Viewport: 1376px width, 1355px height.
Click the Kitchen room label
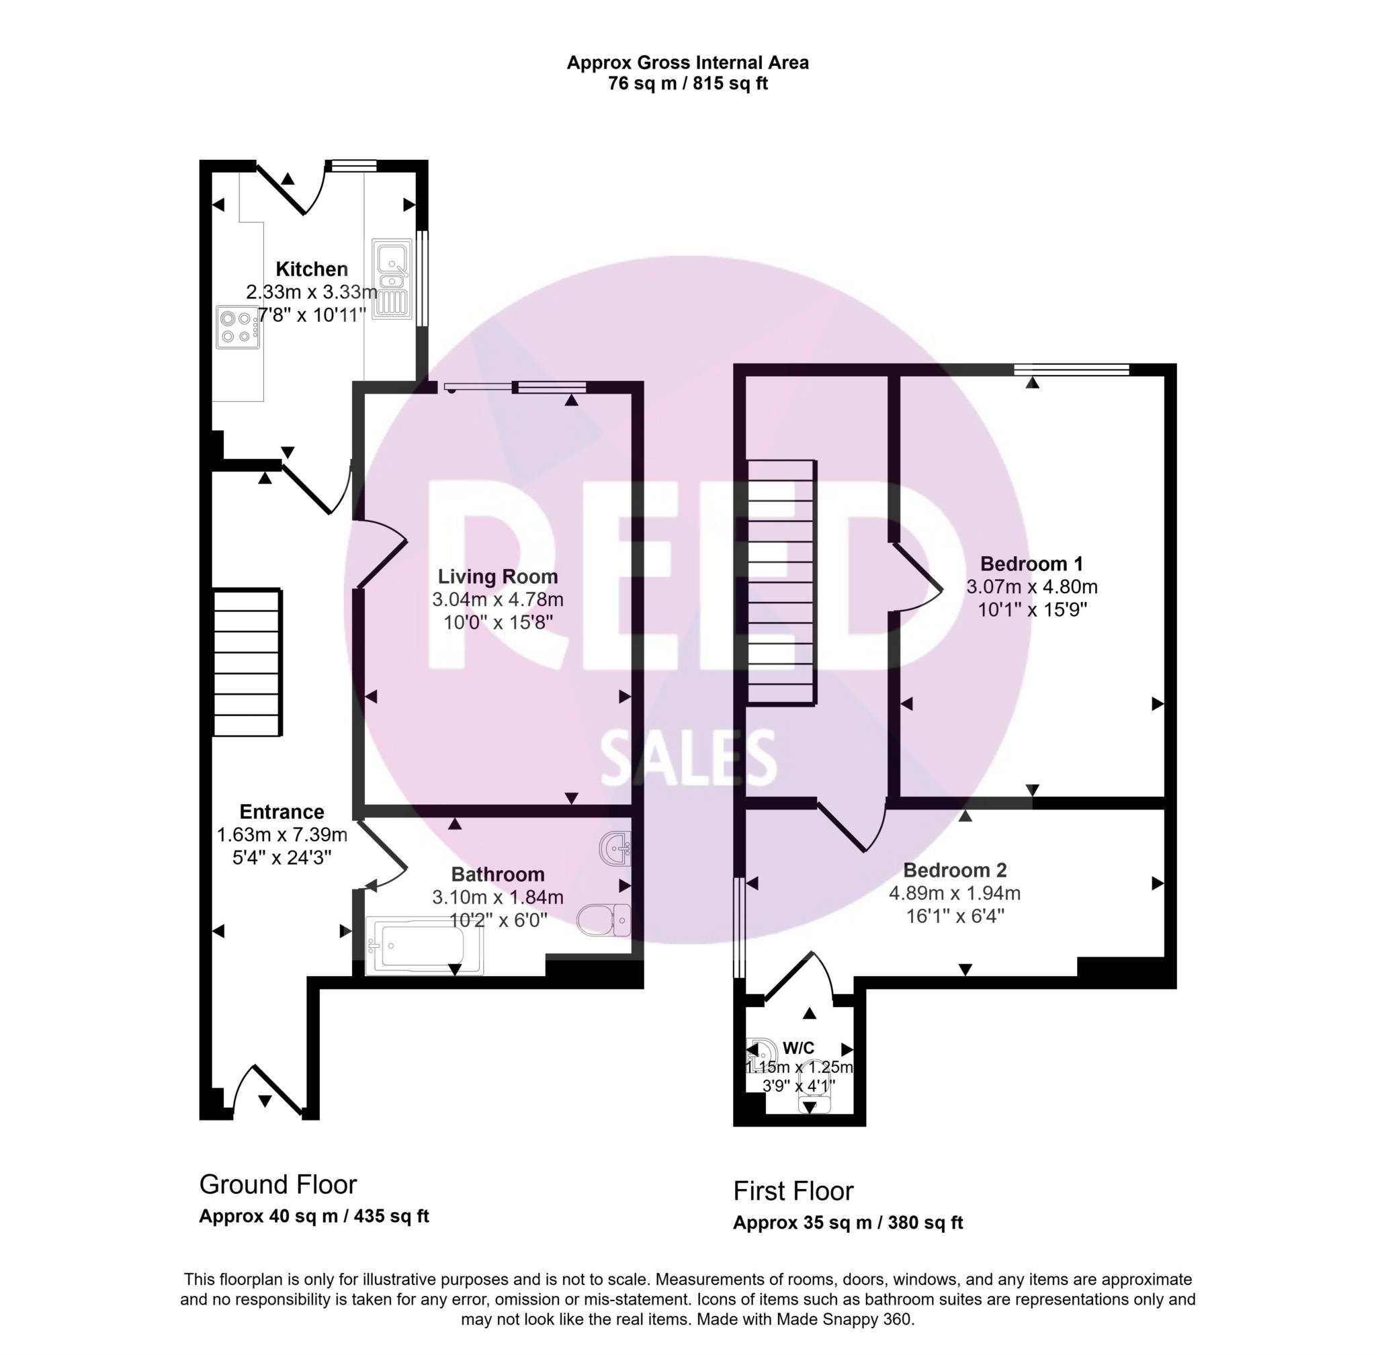tap(311, 269)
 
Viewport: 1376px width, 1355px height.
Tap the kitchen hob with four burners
tap(238, 327)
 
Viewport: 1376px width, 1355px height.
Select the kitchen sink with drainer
tap(392, 278)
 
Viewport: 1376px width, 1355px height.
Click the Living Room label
tap(497, 576)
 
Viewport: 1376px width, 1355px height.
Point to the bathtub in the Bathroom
tap(424, 945)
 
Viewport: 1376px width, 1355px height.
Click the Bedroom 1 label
tap(1031, 564)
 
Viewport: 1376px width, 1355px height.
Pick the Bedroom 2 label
tap(954, 871)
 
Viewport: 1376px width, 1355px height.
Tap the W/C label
tap(798, 1048)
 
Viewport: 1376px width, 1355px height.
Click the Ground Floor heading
tap(277, 1185)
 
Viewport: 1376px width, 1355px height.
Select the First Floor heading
tap(793, 1191)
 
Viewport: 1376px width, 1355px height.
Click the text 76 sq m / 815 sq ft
tap(687, 83)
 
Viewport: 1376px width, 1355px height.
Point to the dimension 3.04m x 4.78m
tap(497, 599)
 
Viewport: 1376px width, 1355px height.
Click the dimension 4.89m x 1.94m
tap(954, 893)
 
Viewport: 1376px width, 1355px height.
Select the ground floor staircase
tap(248, 662)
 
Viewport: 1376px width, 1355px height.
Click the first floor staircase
tap(781, 582)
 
